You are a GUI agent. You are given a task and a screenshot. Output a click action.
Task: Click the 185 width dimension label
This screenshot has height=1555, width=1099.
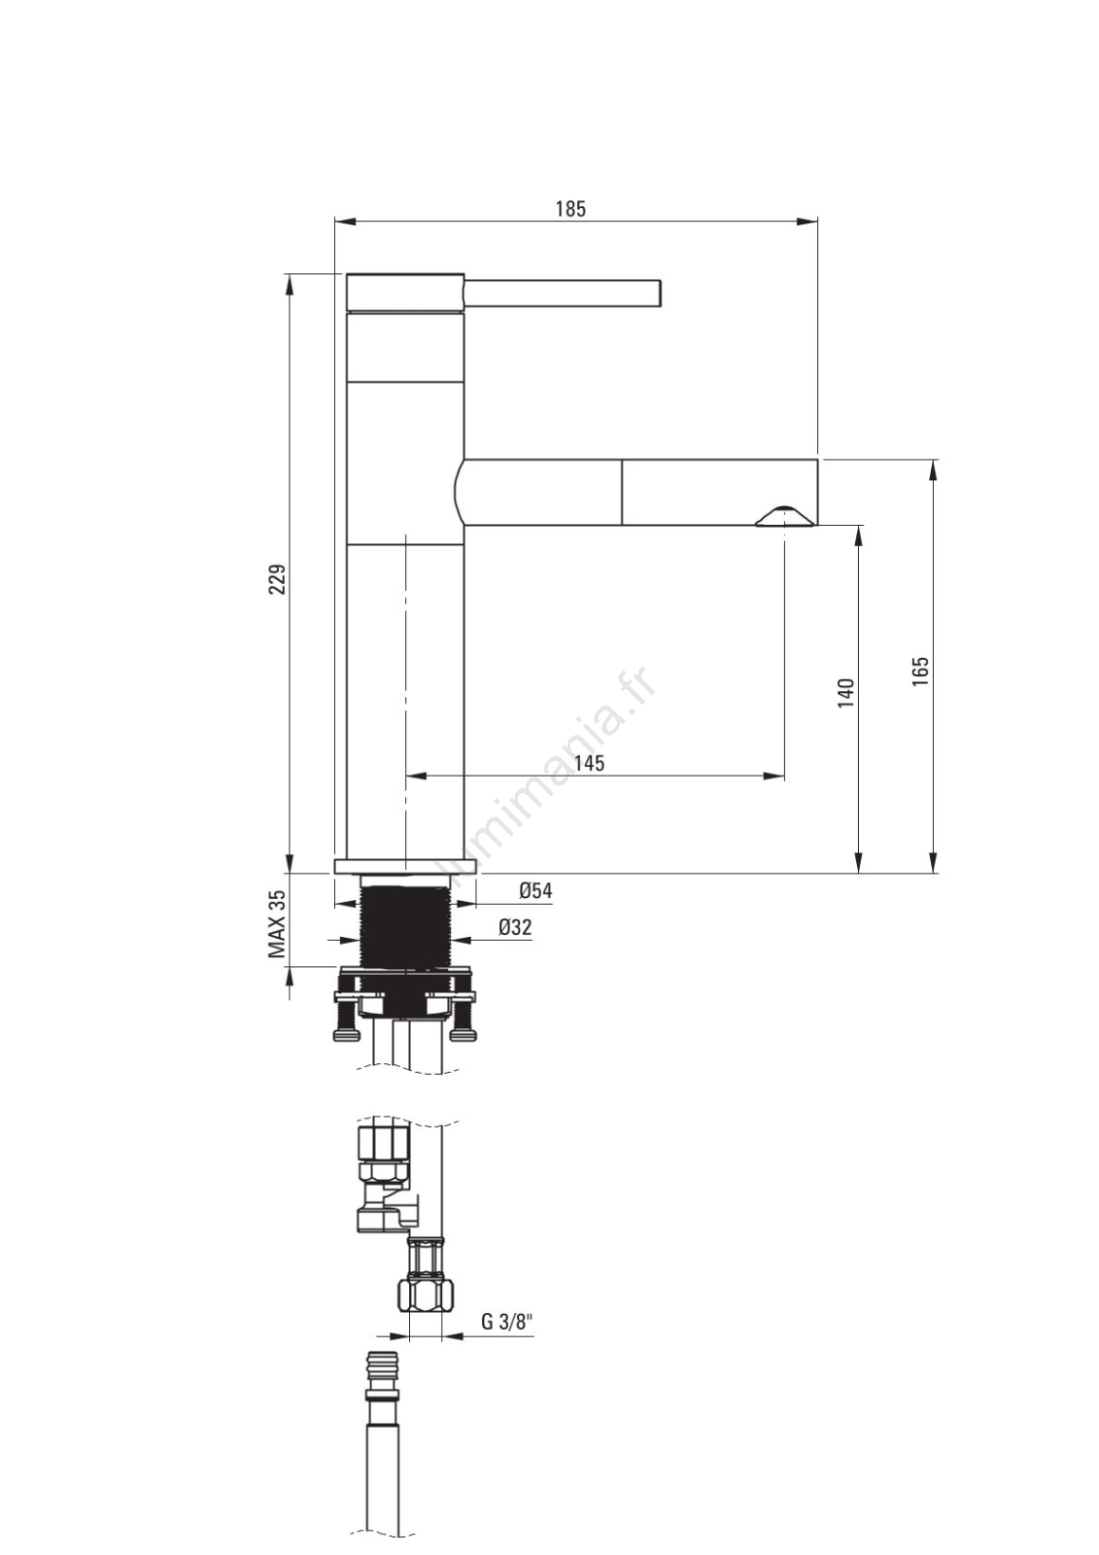coord(570,208)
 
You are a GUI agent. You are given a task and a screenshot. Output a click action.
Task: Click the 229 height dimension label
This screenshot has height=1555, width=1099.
coord(278,579)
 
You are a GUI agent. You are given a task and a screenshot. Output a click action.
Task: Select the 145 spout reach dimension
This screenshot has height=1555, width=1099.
coord(590,763)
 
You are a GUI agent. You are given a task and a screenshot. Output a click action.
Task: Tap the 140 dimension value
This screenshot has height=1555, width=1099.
coord(845,693)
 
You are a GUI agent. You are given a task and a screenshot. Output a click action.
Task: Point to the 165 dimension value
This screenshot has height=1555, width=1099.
coord(920,671)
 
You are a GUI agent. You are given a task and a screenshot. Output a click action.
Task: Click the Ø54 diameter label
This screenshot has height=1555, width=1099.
coord(535,890)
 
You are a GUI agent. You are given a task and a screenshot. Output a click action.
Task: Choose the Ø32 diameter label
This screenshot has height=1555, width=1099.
coord(515,927)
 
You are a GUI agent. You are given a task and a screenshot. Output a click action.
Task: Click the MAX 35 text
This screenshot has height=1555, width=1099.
coord(278,924)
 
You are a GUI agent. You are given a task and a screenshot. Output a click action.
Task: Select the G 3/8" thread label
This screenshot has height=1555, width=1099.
coord(507,1322)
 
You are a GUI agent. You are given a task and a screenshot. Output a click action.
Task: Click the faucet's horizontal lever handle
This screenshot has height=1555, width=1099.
coord(563,293)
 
